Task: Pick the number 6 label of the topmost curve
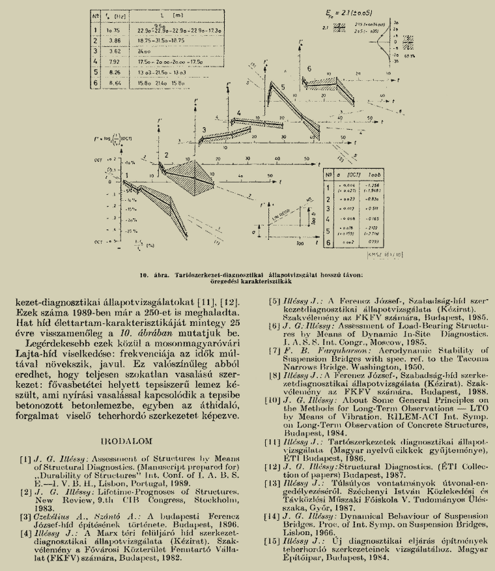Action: click(x=309, y=68)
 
